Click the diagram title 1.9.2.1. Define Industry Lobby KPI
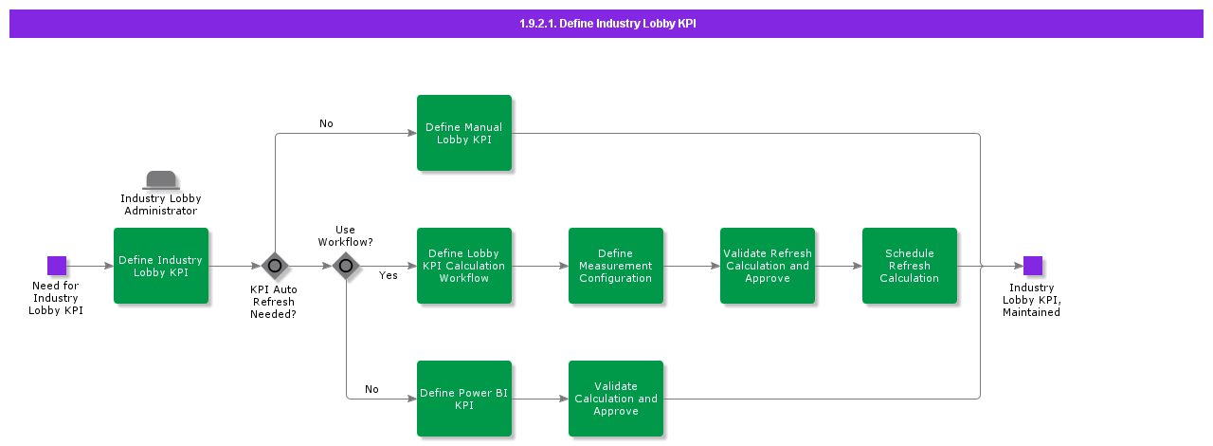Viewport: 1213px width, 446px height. point(606,24)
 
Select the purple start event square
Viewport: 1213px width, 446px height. point(57,266)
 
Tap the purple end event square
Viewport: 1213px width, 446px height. point(1032,266)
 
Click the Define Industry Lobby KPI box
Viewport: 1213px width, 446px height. point(161,266)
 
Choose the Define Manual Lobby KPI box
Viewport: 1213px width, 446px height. point(464,133)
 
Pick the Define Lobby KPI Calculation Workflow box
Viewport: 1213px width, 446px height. point(464,266)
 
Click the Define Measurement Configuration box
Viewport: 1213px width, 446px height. point(616,266)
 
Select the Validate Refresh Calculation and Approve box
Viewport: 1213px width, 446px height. point(768,266)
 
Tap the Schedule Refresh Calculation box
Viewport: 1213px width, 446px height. point(910,266)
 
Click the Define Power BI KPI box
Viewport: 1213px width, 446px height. point(464,399)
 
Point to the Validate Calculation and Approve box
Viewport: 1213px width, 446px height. point(616,399)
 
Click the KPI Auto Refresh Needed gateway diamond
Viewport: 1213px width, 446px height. point(275,266)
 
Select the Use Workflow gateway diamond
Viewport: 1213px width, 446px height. point(346,266)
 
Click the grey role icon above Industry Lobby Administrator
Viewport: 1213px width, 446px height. point(161,180)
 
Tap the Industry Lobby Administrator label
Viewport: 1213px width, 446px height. point(161,205)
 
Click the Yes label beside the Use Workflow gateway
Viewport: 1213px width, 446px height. point(389,276)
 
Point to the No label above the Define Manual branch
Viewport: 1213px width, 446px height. point(326,123)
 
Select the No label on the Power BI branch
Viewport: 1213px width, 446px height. point(371,389)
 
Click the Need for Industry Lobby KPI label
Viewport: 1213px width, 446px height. point(56,298)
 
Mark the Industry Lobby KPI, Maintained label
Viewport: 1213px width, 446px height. point(1031,300)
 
